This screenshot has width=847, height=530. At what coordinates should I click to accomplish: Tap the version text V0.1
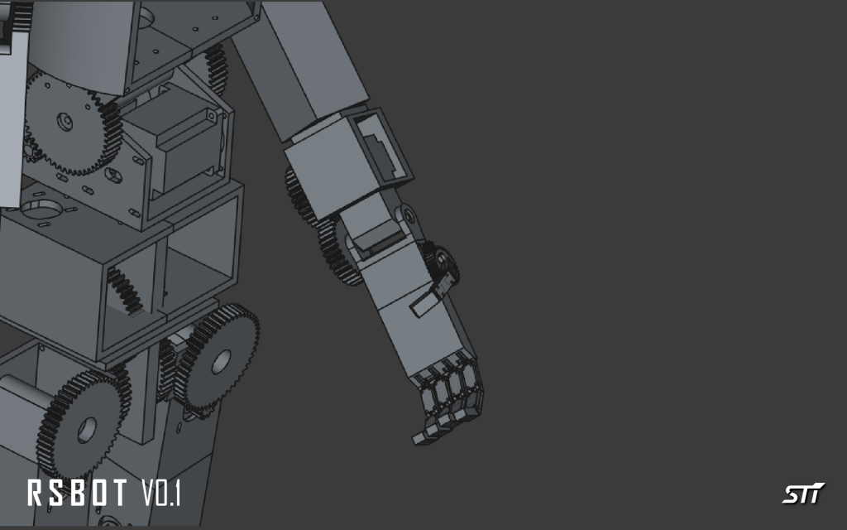coord(161,493)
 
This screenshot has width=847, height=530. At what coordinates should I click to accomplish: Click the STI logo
coord(803,493)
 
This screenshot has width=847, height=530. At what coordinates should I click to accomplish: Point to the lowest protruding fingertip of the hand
coord(420,437)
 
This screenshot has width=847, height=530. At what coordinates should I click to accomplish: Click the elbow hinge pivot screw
coord(409,216)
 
